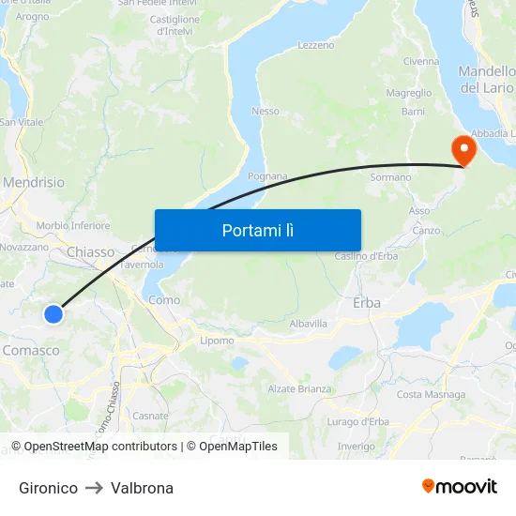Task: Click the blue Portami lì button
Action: pos(257,230)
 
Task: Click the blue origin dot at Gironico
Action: pos(53,314)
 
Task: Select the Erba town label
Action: pos(367,303)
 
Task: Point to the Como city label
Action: pos(164,300)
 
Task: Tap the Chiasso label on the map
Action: pos(90,252)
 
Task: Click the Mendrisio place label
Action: pos(34,182)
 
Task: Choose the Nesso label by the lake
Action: pos(266,111)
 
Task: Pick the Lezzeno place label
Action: pos(315,45)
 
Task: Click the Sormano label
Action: pos(390,176)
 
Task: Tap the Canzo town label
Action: pos(426,230)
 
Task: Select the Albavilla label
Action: pos(309,323)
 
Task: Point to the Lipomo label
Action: pos(217,341)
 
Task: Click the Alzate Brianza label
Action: pos(299,388)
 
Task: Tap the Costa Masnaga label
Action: pos(431,394)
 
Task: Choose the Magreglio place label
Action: pos(409,93)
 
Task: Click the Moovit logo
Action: pos(460,487)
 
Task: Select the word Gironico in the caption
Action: pos(48,488)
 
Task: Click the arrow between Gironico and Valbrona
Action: pos(94,488)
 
